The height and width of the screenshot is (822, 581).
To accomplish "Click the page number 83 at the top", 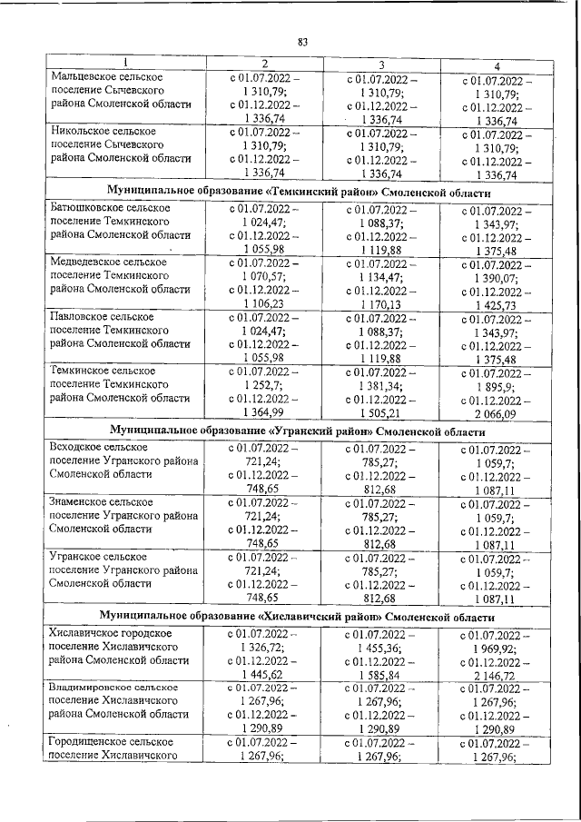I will tap(303, 41).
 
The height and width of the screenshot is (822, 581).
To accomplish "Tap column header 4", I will tap(496, 64).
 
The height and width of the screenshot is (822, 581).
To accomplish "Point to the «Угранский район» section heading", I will tap(299, 429).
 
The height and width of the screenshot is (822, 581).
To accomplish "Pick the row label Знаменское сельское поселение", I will tap(100, 501).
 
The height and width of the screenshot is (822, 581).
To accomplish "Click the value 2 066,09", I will tap(496, 414).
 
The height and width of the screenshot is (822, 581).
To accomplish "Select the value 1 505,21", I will tap(382, 411).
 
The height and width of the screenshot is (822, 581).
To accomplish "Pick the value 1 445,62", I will tap(265, 676).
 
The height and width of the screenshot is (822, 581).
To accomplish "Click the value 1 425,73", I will tap(496, 305).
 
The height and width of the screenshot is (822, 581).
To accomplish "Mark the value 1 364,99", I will tap(265, 412).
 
